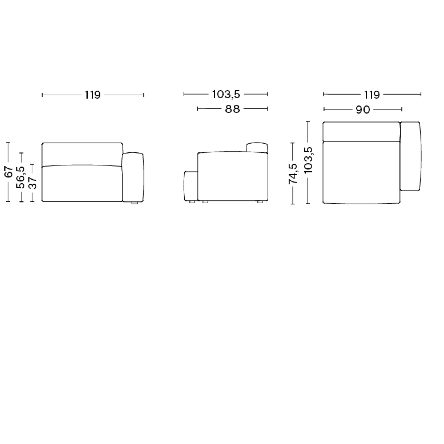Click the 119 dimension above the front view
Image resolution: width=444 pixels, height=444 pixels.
coord(93,95)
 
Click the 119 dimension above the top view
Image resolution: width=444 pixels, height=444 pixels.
coord(372,95)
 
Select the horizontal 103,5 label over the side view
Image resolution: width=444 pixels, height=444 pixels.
coord(226,94)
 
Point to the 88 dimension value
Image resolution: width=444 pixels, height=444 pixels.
coord(232,109)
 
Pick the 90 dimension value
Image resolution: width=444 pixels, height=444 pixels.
coord(363,109)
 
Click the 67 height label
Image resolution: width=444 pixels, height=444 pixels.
coord(9,172)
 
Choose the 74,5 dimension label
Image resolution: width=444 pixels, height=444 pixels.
coord(293,173)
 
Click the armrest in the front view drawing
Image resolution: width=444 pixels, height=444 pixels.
coord(133,177)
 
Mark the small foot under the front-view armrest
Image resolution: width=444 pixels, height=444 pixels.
coord(134,203)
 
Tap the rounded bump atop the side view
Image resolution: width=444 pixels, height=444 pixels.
coord(257,147)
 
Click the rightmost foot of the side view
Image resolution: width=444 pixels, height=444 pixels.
coord(260,202)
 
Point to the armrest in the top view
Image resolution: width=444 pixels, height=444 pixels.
coord(410,156)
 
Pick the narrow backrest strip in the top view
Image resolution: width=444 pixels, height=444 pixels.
coord(361,132)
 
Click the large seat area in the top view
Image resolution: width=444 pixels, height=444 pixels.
coord(361,172)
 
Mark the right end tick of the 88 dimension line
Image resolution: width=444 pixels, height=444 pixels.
coord(268,109)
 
